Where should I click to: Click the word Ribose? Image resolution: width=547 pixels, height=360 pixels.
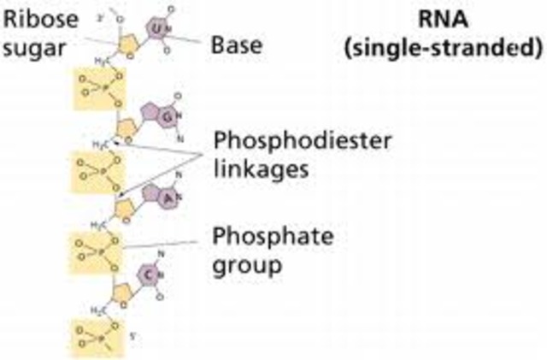(x=32, y=20)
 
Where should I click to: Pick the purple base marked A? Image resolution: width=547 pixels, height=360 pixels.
(x=147, y=196)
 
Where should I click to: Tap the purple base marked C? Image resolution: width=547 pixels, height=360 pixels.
(x=148, y=274)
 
